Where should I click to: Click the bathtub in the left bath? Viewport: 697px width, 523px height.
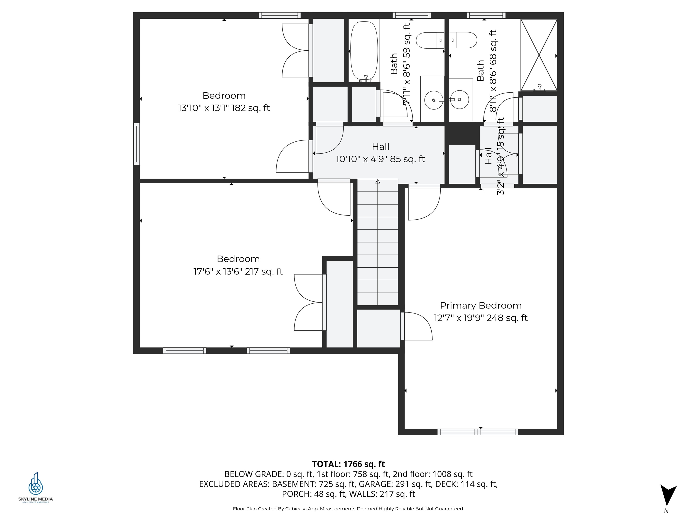[364, 50]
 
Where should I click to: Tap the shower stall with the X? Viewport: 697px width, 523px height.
[539, 55]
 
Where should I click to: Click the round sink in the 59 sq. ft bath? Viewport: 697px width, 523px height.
[434, 100]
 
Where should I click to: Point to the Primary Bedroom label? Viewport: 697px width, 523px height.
[481, 306]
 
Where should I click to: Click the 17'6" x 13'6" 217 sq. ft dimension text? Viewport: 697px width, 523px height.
[238, 271]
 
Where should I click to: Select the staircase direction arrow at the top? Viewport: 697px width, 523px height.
[378, 182]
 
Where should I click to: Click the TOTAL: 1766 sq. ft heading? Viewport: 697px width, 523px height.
[348, 464]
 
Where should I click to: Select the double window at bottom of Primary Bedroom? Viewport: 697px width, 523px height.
[477, 432]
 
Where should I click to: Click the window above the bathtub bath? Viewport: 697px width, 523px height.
[412, 15]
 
